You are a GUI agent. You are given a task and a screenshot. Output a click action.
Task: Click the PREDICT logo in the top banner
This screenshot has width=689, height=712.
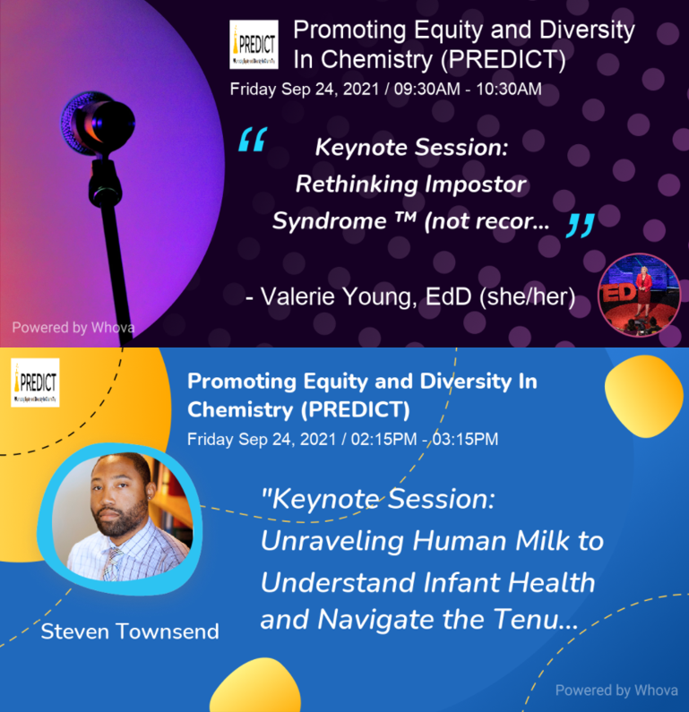(x=254, y=44)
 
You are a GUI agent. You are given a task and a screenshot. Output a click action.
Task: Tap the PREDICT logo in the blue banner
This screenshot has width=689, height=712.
(x=35, y=382)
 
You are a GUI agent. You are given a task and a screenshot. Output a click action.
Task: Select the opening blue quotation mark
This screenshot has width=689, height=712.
(x=252, y=141)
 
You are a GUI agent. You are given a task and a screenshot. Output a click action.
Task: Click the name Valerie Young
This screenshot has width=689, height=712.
(x=340, y=296)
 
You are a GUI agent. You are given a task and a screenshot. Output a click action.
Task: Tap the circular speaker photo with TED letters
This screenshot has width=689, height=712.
(x=640, y=296)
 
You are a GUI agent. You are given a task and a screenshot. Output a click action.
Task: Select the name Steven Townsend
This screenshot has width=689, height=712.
(x=130, y=631)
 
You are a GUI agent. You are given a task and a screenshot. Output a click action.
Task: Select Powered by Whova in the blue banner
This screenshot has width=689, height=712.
(x=616, y=690)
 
